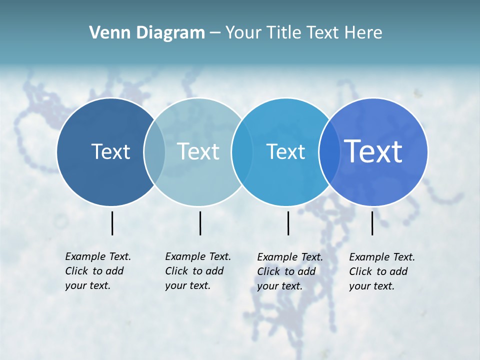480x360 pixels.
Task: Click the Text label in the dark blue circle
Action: (x=110, y=151)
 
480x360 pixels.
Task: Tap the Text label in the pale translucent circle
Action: (x=198, y=151)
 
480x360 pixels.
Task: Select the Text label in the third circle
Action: (x=285, y=151)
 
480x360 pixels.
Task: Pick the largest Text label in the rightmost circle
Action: (x=373, y=151)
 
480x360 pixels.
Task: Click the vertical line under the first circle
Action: (x=112, y=223)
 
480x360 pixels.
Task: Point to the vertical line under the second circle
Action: (x=200, y=223)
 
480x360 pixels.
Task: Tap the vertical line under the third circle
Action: (x=288, y=223)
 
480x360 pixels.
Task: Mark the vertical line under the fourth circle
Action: (x=372, y=223)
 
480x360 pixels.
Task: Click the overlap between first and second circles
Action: (x=154, y=152)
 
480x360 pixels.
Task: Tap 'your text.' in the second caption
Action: (x=187, y=285)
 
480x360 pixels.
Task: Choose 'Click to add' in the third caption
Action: (x=286, y=271)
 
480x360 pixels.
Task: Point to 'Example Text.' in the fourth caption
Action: (x=382, y=257)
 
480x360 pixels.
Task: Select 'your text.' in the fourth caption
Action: (x=371, y=286)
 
